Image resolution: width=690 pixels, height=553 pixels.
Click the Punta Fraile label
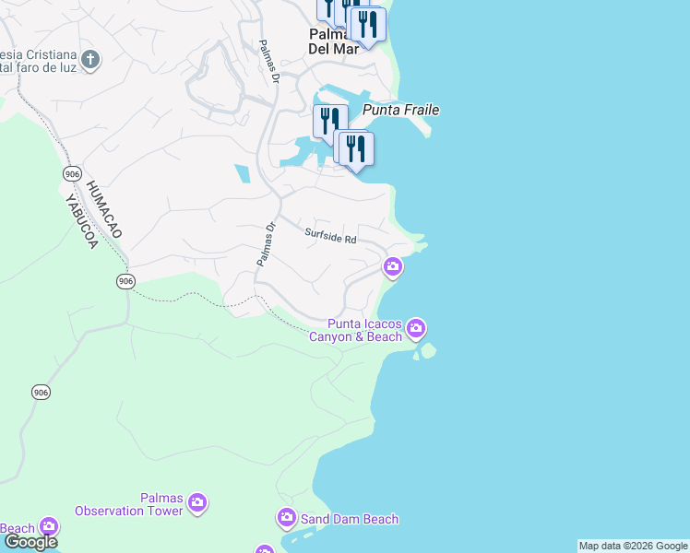coord(401,111)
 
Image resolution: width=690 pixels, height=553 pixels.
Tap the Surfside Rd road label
coord(330,237)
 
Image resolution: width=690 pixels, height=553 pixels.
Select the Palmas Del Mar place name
coord(333,41)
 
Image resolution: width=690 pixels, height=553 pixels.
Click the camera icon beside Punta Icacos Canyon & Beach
coord(416,328)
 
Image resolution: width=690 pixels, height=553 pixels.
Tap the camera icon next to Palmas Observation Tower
coord(196,503)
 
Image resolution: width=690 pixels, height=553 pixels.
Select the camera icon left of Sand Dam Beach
coord(286,519)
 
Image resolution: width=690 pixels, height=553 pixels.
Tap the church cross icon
coord(90,61)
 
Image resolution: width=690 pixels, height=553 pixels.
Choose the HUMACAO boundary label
coord(103,209)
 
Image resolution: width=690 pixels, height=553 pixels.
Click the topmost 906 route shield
coord(72,174)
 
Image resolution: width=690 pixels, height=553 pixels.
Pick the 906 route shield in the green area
coord(41,393)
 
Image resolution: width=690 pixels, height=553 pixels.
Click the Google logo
coord(30,542)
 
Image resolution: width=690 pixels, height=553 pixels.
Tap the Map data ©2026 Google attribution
coord(633,546)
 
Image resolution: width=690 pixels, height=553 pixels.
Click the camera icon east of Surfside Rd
coord(393,267)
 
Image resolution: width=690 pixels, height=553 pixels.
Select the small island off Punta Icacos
coord(425,351)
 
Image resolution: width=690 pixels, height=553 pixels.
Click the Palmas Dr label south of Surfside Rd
coord(266,244)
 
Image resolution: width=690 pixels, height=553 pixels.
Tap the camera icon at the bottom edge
coord(265,549)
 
